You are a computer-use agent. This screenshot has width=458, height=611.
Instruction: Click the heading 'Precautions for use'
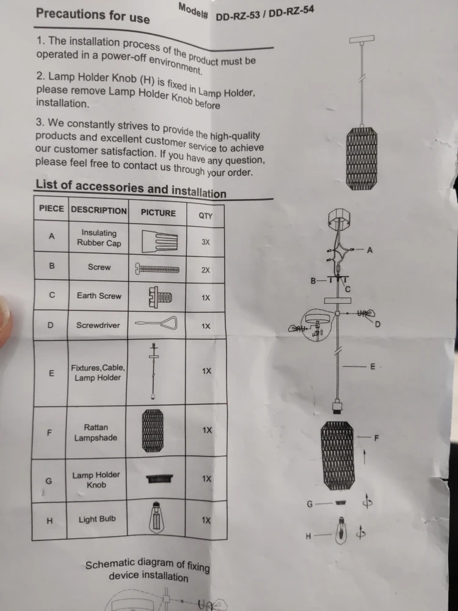(93, 16)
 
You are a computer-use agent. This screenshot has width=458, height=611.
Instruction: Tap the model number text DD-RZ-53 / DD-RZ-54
(265, 14)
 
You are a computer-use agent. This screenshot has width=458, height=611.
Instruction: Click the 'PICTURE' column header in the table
(158, 213)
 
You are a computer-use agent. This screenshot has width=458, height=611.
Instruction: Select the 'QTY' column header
(206, 216)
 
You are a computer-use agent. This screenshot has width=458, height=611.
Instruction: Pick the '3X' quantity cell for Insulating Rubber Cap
(206, 242)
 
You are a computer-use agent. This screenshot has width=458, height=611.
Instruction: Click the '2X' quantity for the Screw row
(206, 270)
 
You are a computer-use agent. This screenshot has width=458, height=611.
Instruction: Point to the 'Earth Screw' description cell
(99, 296)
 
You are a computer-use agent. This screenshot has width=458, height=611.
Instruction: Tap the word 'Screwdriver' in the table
(98, 325)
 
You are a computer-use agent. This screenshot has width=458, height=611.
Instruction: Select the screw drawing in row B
(157, 269)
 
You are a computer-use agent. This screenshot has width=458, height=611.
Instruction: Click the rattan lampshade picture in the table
(153, 431)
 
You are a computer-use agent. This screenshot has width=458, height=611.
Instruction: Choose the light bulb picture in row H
(156, 518)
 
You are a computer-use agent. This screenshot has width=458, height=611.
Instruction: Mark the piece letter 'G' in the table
(49, 481)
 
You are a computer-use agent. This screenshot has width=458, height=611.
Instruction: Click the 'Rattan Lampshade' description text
(96, 433)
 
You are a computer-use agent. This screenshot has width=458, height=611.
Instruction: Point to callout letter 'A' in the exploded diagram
(369, 250)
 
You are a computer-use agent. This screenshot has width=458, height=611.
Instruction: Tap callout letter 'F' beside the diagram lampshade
(376, 438)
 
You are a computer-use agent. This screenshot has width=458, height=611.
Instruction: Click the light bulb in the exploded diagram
(341, 530)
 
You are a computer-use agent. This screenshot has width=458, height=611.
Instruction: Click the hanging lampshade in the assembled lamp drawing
(362, 158)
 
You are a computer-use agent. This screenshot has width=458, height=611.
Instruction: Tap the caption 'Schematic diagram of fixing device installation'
(148, 569)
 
